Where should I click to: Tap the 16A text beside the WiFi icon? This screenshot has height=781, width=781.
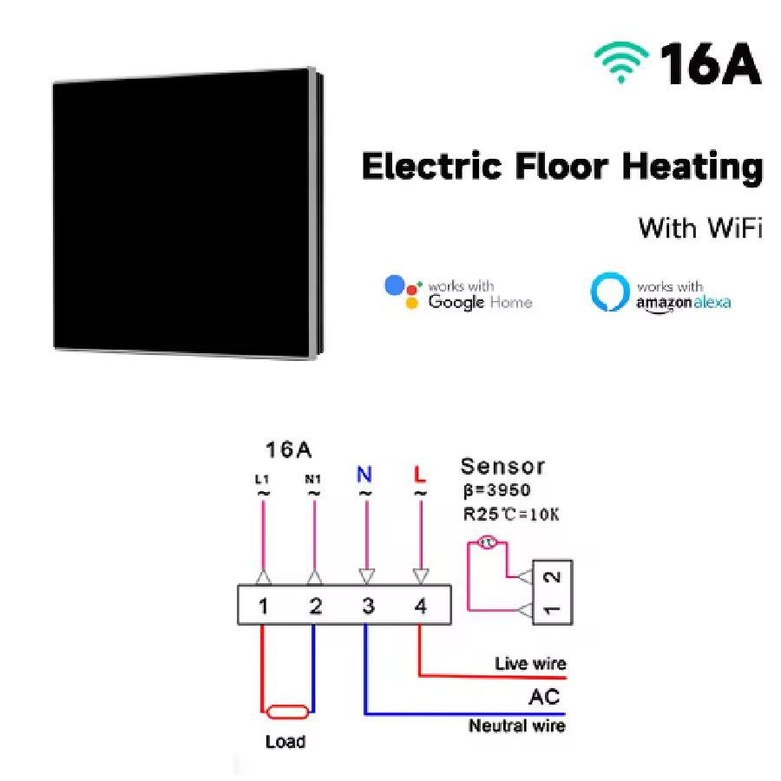710,62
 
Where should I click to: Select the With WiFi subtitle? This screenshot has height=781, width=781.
699,228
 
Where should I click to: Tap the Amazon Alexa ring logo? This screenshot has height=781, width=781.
608,293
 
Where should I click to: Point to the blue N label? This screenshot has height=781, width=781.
364,475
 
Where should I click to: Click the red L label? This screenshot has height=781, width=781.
420,475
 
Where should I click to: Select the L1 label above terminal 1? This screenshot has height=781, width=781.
262,478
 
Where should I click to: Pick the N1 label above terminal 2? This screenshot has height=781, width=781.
314,478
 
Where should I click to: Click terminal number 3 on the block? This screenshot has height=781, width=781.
368,606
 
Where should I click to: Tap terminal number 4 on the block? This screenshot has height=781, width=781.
420,606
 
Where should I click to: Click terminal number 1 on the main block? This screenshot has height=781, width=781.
263,606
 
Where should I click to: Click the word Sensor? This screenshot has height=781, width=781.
502,466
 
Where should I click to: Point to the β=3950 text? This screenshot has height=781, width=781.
496,490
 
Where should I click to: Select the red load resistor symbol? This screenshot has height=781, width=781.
286,712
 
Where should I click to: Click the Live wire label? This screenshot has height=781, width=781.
529,664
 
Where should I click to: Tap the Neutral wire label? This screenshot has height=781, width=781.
517,725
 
